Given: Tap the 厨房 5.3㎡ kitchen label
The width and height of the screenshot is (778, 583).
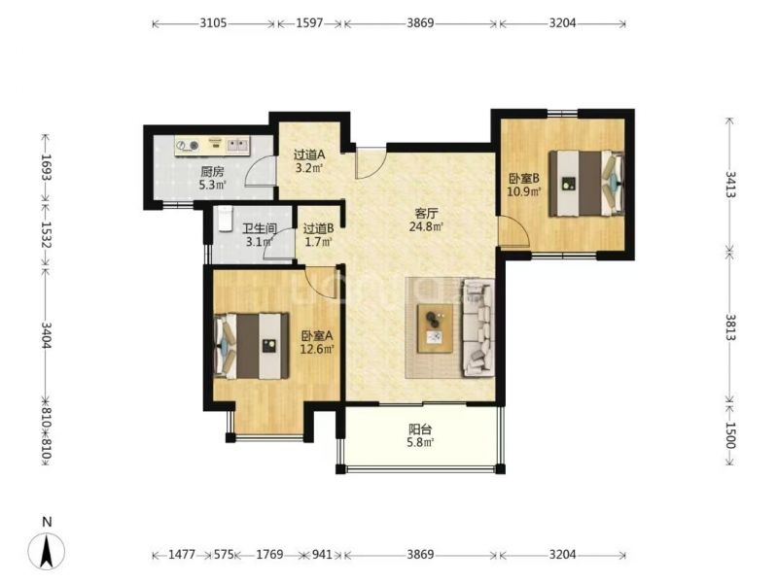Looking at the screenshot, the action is (212, 179).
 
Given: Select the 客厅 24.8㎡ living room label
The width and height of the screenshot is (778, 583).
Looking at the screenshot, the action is (426, 221).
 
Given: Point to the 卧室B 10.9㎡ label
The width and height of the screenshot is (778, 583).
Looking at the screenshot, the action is (523, 185).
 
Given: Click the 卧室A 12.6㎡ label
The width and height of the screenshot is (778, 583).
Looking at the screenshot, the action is (317, 343).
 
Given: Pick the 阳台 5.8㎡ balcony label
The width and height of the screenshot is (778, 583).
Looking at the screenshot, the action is (420, 435).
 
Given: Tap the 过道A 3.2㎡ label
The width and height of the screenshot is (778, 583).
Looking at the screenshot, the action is (308, 161).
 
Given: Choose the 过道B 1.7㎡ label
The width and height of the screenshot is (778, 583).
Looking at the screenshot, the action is (318, 235).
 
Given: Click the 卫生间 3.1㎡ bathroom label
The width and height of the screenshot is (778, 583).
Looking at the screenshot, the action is (259, 235).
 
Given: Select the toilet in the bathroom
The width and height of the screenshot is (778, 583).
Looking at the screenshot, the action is (226, 219).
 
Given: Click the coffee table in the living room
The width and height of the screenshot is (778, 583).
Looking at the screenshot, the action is (435, 328).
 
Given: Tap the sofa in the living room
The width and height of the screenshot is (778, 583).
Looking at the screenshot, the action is (478, 327).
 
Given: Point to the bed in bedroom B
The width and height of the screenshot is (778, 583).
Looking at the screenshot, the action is (586, 184).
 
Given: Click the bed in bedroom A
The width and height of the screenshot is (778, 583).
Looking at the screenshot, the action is (251, 346).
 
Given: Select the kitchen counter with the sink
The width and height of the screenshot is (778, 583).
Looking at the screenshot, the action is (212, 146).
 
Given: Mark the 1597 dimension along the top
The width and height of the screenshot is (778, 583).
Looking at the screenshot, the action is (309, 22).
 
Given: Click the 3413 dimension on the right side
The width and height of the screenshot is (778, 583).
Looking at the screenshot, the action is (729, 185).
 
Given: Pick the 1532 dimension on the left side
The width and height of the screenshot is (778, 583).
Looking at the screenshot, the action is (46, 234).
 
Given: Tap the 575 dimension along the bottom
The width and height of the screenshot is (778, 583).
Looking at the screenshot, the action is (224, 554).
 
